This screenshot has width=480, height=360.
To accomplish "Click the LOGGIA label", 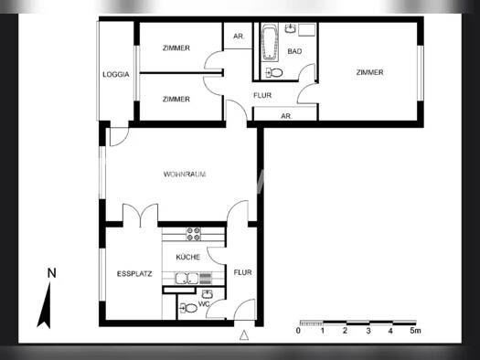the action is [116, 74].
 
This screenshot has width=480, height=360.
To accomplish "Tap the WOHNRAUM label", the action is [185, 175].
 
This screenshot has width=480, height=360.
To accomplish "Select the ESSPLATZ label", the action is [134, 274].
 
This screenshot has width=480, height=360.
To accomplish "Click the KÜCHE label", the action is [188, 257].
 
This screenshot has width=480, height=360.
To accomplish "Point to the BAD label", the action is [294, 51].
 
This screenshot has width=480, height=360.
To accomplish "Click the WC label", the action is [204, 304].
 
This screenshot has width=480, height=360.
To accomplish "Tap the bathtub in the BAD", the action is [270, 43].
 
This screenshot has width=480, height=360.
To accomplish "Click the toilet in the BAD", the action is [274, 73].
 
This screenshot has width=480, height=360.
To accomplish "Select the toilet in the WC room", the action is [188, 308].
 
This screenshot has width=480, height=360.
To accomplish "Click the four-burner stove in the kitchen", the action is [194, 234].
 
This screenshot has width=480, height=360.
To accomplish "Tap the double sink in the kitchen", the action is [187, 279].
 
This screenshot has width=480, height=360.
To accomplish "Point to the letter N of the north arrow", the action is [52, 273].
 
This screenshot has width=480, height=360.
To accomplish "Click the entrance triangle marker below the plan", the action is [244, 335].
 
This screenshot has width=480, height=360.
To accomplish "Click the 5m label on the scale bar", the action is [415, 331].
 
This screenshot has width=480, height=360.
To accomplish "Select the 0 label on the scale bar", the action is [298, 331].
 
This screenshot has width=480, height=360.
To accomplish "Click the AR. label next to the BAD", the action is [239, 37].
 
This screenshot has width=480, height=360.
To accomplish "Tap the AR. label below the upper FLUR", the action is [286, 116].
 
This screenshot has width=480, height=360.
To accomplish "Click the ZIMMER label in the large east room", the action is [369, 72].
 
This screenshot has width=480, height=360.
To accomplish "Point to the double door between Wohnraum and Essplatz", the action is [141, 216].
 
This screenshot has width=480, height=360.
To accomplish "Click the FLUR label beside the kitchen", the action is [243, 272].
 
